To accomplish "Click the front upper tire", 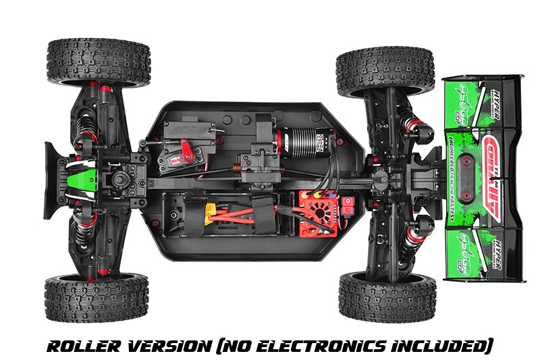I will [x=98, y=62].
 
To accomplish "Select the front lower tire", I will [x=97, y=297].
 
